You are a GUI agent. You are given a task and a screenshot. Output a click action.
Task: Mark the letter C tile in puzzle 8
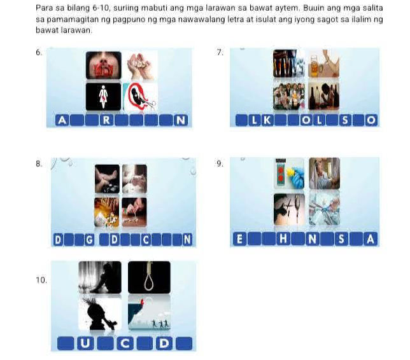point(146,240)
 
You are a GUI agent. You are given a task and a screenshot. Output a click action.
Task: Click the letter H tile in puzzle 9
point(283,240)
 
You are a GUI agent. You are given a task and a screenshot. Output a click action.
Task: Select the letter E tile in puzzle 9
point(239,240)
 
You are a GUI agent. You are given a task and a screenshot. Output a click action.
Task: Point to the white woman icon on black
point(103,97)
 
